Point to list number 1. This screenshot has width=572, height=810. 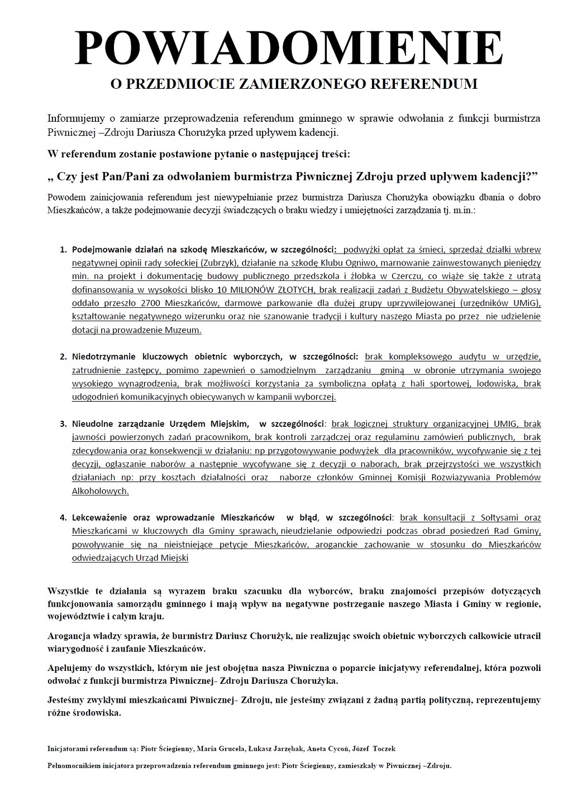(x=63, y=249)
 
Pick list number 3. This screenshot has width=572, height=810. (x=63, y=423)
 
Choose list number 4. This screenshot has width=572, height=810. (x=63, y=517)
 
